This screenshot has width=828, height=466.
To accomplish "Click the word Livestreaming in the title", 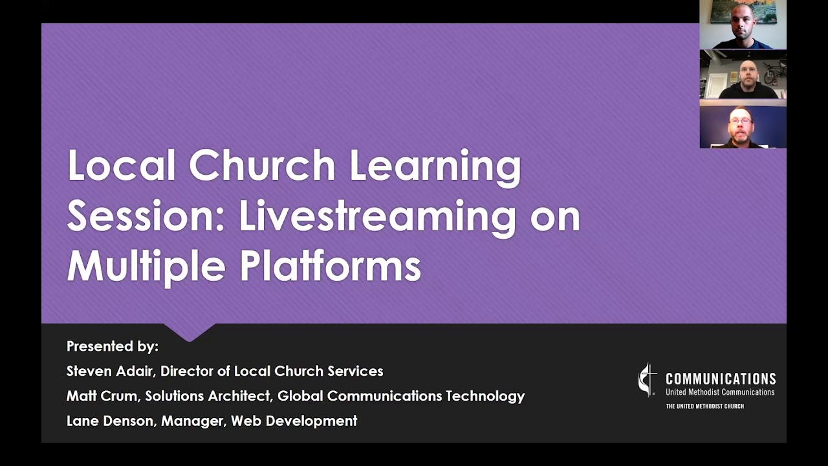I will [378, 216].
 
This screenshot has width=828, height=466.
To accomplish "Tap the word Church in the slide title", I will [262, 166].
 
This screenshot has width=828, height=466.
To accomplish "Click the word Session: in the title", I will [145, 216].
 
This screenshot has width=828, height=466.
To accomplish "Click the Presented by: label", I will [113, 346].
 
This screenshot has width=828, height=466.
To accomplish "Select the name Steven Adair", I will [110, 372].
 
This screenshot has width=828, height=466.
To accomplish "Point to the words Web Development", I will [294, 421].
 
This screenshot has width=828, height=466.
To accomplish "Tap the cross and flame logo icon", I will [648, 380].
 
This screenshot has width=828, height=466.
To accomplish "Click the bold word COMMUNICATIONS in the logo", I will [721, 379].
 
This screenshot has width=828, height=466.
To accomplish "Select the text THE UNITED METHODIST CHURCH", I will [704, 406].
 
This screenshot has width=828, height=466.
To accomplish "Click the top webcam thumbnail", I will [743, 25].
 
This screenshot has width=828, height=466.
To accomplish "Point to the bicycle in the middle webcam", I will [774, 72].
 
